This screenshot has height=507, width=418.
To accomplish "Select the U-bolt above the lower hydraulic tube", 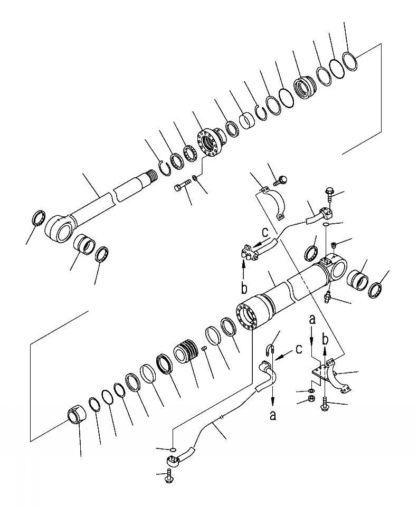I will [x=269, y=350].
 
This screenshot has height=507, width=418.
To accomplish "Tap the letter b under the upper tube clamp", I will [x=244, y=288].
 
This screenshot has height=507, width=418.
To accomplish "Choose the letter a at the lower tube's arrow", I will [x=272, y=415].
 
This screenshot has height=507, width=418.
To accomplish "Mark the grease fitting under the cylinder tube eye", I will [x=328, y=297].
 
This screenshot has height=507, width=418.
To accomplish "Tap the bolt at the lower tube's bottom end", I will [x=170, y=473].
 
